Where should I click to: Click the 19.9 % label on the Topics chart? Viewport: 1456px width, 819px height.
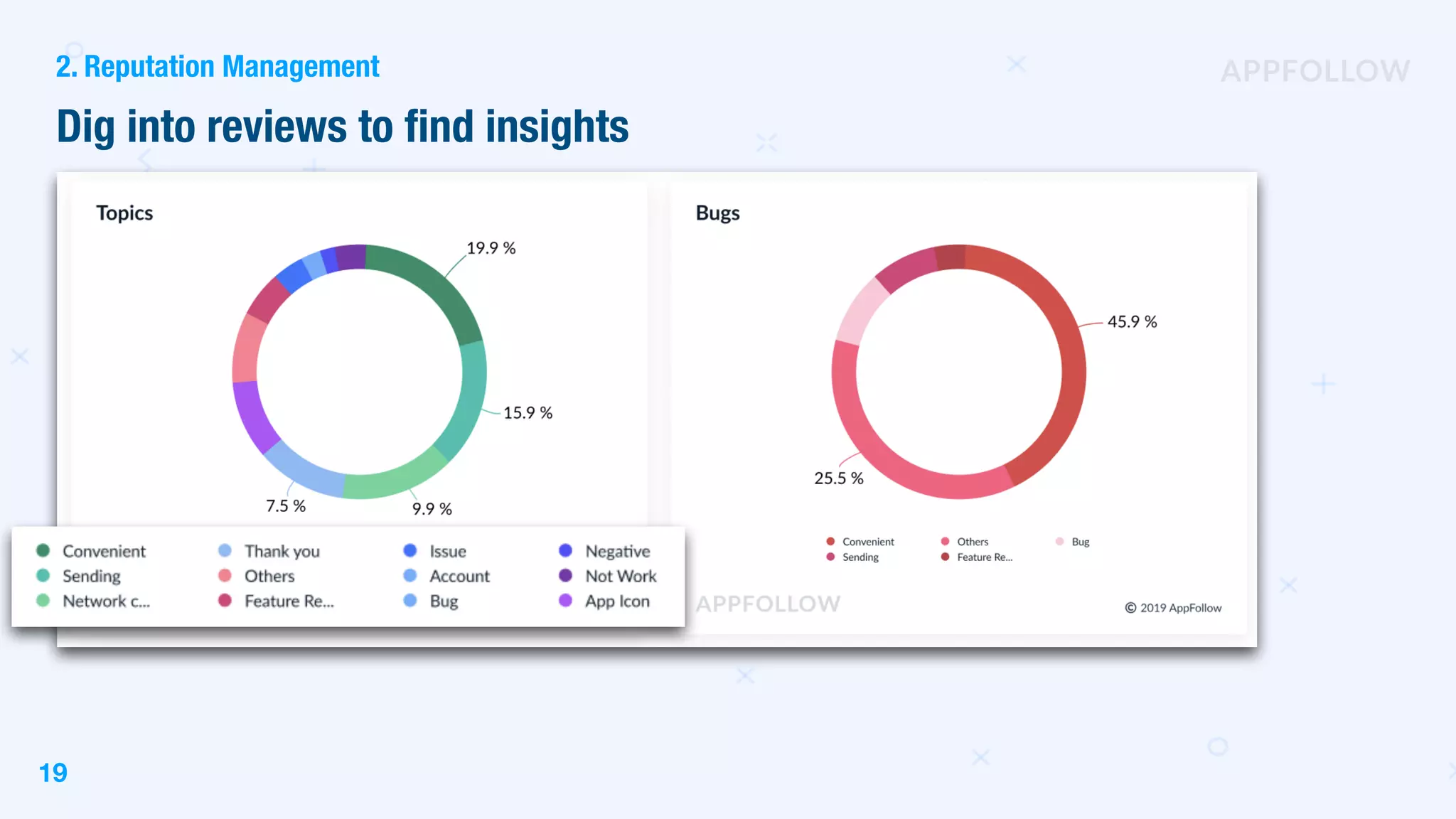[491, 248]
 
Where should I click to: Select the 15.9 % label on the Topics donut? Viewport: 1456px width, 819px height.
[528, 413]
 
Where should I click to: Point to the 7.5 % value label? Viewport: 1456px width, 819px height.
[286, 506]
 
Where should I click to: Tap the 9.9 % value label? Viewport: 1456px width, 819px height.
[432, 509]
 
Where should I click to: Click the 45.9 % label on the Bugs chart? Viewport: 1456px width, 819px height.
[1132, 322]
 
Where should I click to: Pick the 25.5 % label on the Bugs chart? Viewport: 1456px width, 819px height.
[839, 478]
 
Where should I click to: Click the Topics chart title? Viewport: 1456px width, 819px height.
[124, 213]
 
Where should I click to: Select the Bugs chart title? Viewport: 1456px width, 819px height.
[717, 213]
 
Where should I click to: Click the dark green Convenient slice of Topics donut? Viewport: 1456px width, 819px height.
[434, 284]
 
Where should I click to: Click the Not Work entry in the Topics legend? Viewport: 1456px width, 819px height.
[620, 577]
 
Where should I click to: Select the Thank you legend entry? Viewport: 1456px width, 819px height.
[282, 552]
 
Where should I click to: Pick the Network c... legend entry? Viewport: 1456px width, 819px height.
[106, 601]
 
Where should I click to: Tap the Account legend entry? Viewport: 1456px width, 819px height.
[459, 577]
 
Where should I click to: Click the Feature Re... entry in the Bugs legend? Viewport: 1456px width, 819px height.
[984, 557]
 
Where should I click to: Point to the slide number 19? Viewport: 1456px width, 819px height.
[53, 773]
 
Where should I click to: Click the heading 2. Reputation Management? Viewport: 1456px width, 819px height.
[218, 67]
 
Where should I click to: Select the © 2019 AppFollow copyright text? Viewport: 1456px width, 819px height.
[1173, 608]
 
